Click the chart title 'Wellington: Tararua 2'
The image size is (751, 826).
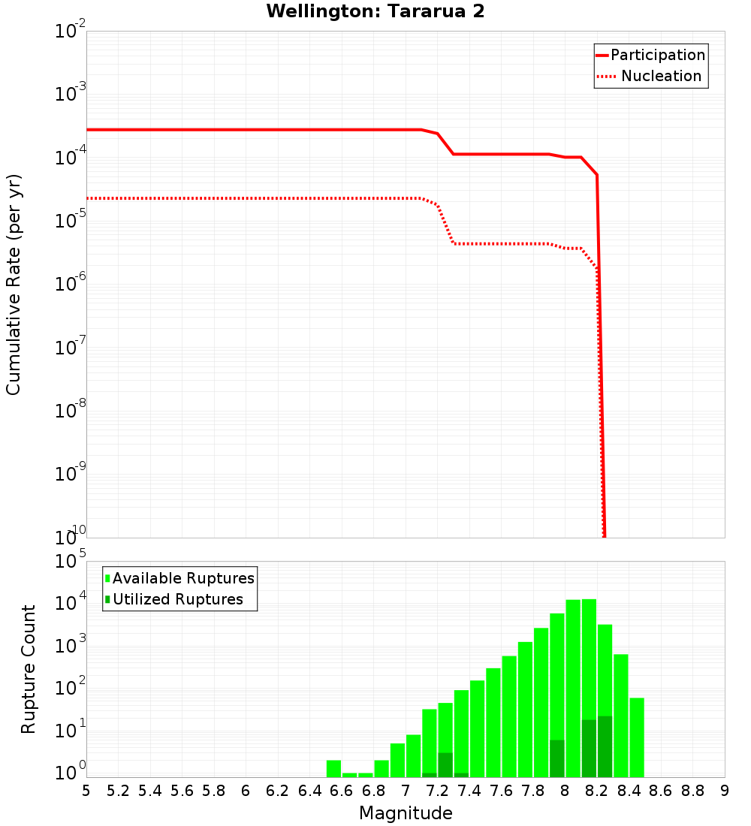(380, 11)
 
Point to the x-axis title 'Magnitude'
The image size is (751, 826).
(406, 813)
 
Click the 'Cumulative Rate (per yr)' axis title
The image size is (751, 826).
(14, 284)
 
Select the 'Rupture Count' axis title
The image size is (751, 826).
(29, 669)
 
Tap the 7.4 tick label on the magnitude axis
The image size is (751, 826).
(469, 791)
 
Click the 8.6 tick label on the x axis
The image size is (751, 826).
(661, 791)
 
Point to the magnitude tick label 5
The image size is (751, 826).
(86, 791)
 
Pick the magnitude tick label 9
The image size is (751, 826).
(725, 791)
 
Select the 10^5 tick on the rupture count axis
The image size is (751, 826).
(71, 562)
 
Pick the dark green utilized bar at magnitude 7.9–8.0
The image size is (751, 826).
(557, 758)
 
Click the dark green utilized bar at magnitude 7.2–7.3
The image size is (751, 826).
(445, 764)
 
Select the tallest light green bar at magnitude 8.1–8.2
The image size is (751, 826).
(589, 661)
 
